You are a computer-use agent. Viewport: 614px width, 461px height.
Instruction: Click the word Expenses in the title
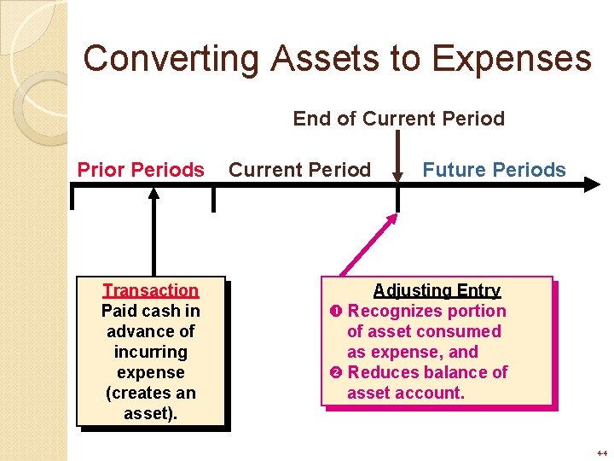(511, 59)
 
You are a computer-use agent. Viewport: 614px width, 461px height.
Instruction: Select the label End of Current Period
(398, 119)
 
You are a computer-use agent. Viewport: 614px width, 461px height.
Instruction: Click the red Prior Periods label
(141, 170)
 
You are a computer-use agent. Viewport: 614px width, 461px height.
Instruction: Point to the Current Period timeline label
(300, 170)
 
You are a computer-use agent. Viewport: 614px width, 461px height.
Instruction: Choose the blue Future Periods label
(494, 170)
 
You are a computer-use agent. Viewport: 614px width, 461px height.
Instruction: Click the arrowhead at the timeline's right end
(592, 183)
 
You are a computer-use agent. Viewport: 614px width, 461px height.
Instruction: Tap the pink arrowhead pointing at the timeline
(390, 219)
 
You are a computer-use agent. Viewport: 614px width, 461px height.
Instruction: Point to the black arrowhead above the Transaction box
(153, 194)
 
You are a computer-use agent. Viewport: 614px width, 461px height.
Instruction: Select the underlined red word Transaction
(150, 290)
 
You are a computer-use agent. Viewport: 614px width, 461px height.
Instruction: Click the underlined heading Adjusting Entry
(437, 290)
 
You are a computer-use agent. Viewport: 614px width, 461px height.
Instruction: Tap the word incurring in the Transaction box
(150, 352)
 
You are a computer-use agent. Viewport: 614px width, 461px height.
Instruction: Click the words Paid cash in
(150, 311)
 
